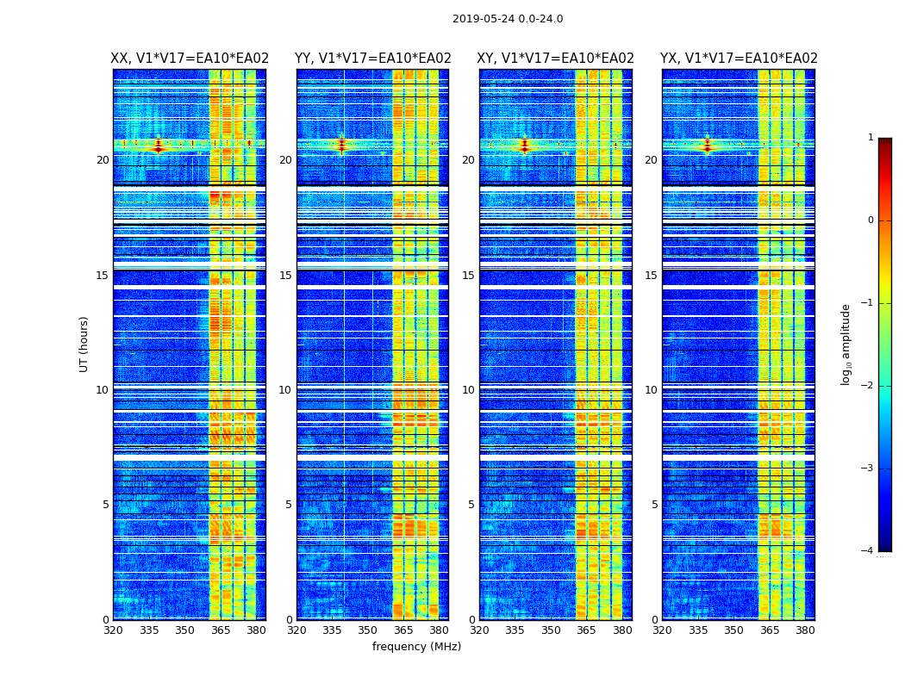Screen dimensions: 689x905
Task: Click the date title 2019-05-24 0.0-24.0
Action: [508, 19]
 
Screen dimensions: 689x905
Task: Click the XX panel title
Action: [190, 59]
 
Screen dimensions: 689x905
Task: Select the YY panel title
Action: [372, 59]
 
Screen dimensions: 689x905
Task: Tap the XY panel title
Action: [555, 59]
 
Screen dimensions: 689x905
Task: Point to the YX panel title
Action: [739, 59]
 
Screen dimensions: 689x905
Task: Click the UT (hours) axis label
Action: [84, 344]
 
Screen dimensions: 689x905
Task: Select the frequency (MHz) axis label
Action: [416, 647]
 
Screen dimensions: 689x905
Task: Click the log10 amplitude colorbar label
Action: [846, 344]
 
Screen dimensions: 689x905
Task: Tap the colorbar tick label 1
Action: [871, 138]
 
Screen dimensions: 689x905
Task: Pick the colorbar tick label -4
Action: [868, 551]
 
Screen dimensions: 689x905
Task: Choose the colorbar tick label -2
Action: [868, 386]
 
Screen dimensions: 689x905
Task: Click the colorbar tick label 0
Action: [871, 220]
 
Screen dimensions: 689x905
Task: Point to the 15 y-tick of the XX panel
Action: [103, 276]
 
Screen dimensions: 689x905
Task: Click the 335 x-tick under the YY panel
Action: [332, 630]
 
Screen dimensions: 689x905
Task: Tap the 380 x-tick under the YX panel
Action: [805, 630]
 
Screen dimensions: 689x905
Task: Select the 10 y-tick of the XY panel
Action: [469, 390]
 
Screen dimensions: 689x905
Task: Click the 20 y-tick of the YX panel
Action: [652, 160]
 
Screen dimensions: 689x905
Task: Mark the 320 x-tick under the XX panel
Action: [113, 630]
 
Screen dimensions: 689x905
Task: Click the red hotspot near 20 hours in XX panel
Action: [158, 147]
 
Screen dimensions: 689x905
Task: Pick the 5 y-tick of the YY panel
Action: [289, 505]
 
